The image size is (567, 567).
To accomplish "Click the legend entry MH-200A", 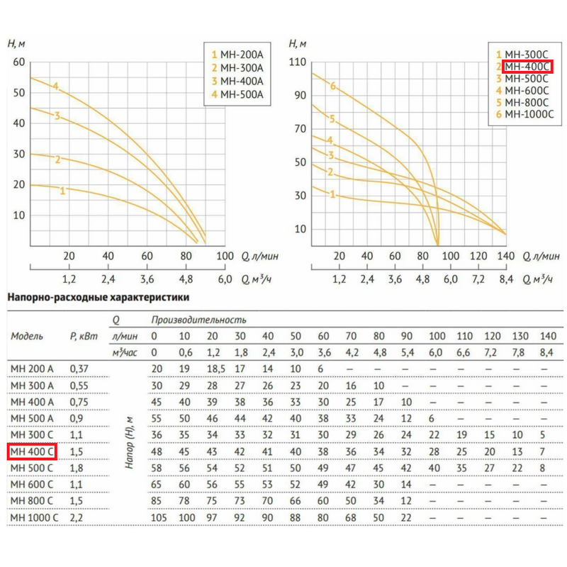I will pos(241,55).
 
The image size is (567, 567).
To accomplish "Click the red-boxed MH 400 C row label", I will pos(33,451).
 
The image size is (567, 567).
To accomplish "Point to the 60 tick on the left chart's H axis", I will pos(20,62).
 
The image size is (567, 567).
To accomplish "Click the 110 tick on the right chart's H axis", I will pos(297,62).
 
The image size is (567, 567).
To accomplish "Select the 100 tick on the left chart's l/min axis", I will pos(224,256).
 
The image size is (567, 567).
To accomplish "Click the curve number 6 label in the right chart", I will pos(332,86).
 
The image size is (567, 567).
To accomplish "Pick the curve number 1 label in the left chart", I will pos(62,191).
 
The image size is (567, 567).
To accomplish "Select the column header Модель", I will pos(27,336).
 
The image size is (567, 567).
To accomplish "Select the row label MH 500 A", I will pos(33,418).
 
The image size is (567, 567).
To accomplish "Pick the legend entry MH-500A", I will pos(241,94).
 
